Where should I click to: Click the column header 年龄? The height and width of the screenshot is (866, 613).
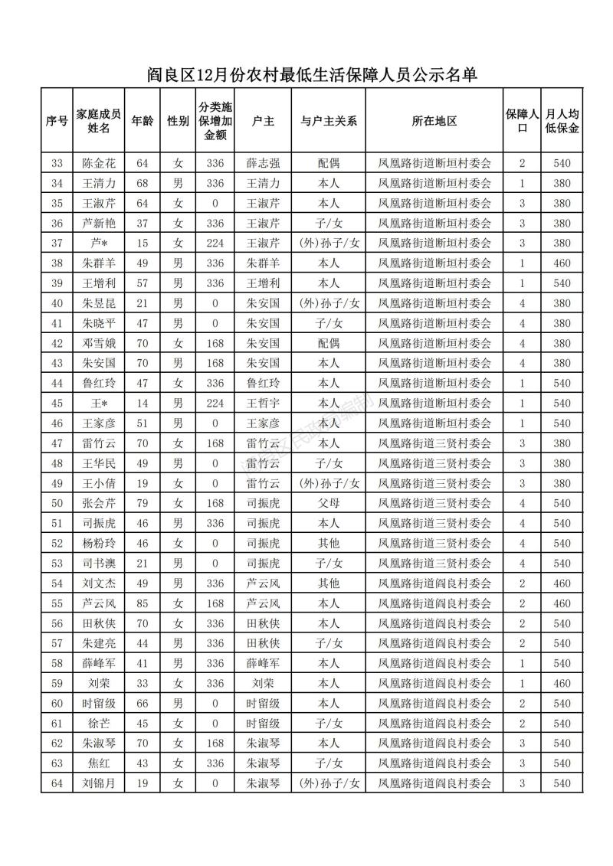pos(142,121)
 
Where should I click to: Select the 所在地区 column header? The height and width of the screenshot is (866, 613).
pos(434,121)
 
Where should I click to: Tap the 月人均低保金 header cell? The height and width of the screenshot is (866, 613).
pos(562,121)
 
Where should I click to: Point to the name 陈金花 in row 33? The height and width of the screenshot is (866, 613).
pos(98,163)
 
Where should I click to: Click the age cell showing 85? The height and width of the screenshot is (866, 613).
pos(142,603)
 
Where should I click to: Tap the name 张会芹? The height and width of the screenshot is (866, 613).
pos(98,503)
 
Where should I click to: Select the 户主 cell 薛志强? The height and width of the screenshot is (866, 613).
pos(263,163)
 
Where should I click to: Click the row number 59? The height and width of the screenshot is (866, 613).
pos(57,683)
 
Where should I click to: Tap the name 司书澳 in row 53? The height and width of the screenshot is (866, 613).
pos(98,564)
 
